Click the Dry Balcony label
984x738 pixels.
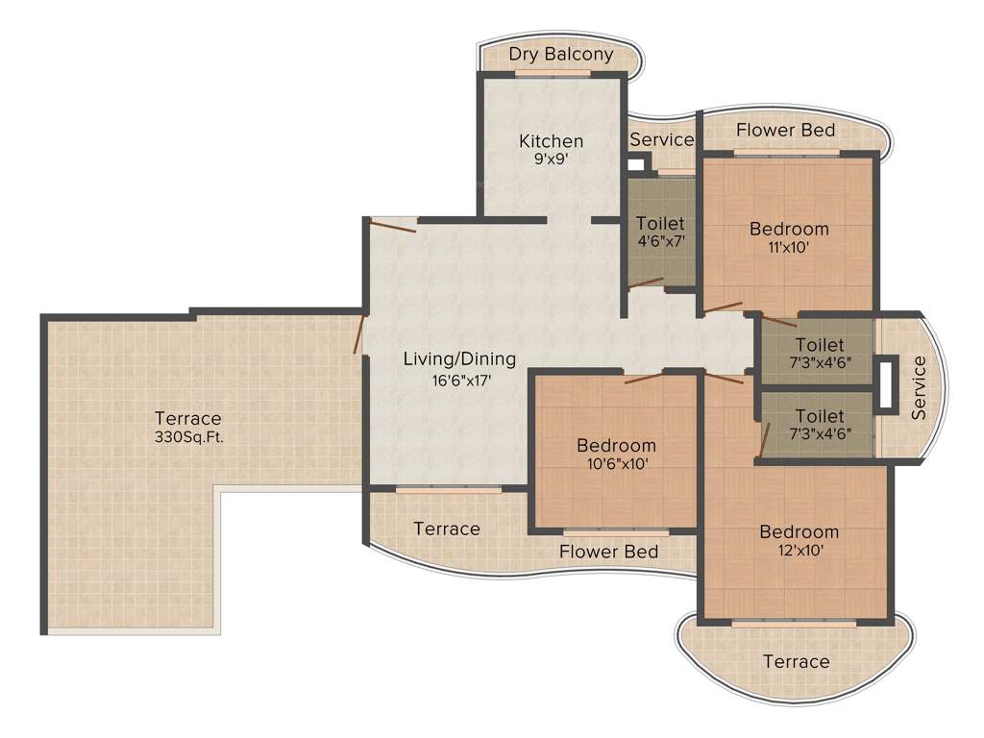pyautogui.click(x=560, y=54)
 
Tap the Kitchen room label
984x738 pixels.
pyautogui.click(x=551, y=141)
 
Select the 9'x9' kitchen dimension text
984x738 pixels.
pyautogui.click(x=551, y=160)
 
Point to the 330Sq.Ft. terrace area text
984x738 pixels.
pyautogui.click(x=188, y=436)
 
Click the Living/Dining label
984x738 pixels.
pyautogui.click(x=458, y=359)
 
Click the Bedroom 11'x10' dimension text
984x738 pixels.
pyautogui.click(x=789, y=247)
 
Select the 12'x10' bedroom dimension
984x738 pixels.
pyautogui.click(x=799, y=551)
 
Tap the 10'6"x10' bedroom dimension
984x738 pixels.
pyautogui.click(x=616, y=464)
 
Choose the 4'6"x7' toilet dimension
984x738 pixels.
pyautogui.click(x=661, y=242)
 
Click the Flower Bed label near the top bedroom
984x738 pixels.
pyautogui.click(x=785, y=130)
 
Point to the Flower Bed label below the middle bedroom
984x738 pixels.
pyautogui.click(x=608, y=552)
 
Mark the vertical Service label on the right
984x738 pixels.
pyautogui.click(x=919, y=387)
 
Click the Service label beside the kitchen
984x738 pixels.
pyautogui.click(x=661, y=139)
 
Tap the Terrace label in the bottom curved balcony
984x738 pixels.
pyautogui.click(x=796, y=661)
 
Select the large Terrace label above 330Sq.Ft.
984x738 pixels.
pyautogui.click(x=188, y=418)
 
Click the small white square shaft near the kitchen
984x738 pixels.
pyautogui.click(x=635, y=163)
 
